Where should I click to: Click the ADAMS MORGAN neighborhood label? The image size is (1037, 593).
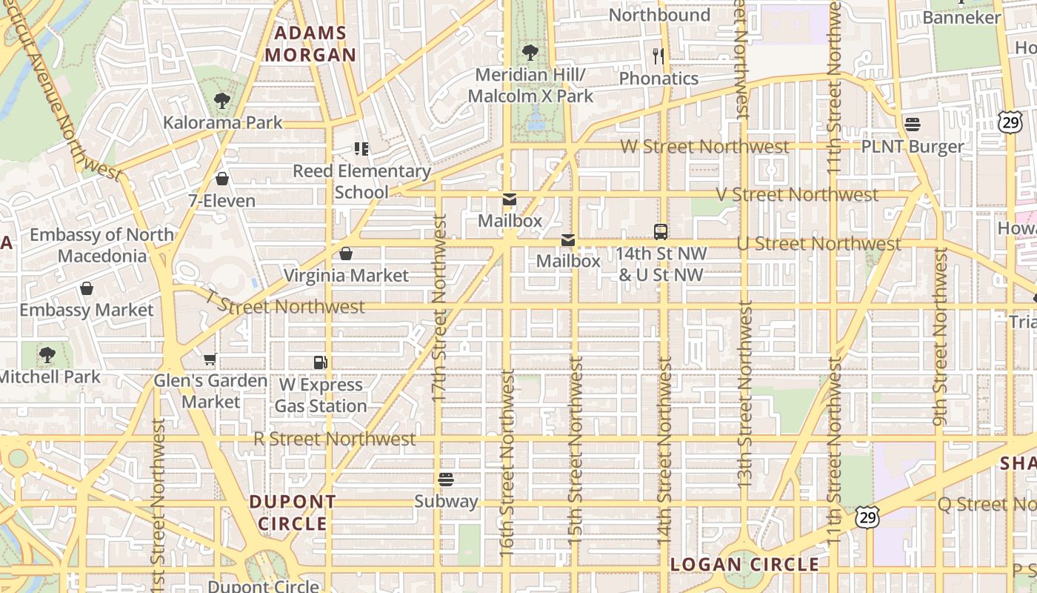coord(310,44)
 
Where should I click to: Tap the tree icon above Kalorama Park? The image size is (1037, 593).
coord(221,101)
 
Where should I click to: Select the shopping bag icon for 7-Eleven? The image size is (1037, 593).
coord(221,179)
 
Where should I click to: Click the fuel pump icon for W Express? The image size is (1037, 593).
coord(321,362)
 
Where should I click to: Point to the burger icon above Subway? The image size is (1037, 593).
coord(445,479)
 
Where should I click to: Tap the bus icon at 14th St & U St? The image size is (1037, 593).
coord(661,231)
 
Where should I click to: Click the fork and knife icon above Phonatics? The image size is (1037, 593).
coord(658,56)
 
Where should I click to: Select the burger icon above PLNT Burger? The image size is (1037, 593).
coord(912,125)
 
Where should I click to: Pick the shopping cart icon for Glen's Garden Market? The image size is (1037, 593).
coord(210,360)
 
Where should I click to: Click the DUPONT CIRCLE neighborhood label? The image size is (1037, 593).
coord(292,512)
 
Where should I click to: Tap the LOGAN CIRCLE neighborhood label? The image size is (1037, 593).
coord(744,565)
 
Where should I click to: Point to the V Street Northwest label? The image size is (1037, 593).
coord(797,195)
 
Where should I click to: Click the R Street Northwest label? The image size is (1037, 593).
coord(334,439)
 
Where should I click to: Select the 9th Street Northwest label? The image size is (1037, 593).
coord(940,337)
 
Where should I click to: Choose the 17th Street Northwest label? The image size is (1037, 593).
coord(439,308)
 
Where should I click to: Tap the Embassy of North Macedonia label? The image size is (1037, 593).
coord(102,245)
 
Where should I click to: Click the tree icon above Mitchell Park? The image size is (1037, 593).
coord(47,355)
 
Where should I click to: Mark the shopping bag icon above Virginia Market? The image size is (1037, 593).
coord(346,254)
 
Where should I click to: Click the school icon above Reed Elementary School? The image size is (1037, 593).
coord(361,149)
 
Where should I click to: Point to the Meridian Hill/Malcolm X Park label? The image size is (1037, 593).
coord(530,85)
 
